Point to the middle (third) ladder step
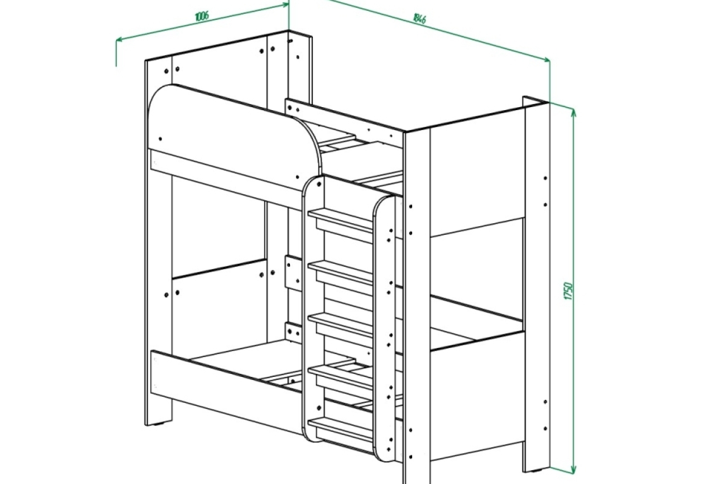pos(341,324)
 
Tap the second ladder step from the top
pos(341,272)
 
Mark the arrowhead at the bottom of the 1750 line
pos(572,468)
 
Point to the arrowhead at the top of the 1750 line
pos(572,112)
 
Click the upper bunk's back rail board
pos(344,117)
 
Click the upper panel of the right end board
pos(477,175)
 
